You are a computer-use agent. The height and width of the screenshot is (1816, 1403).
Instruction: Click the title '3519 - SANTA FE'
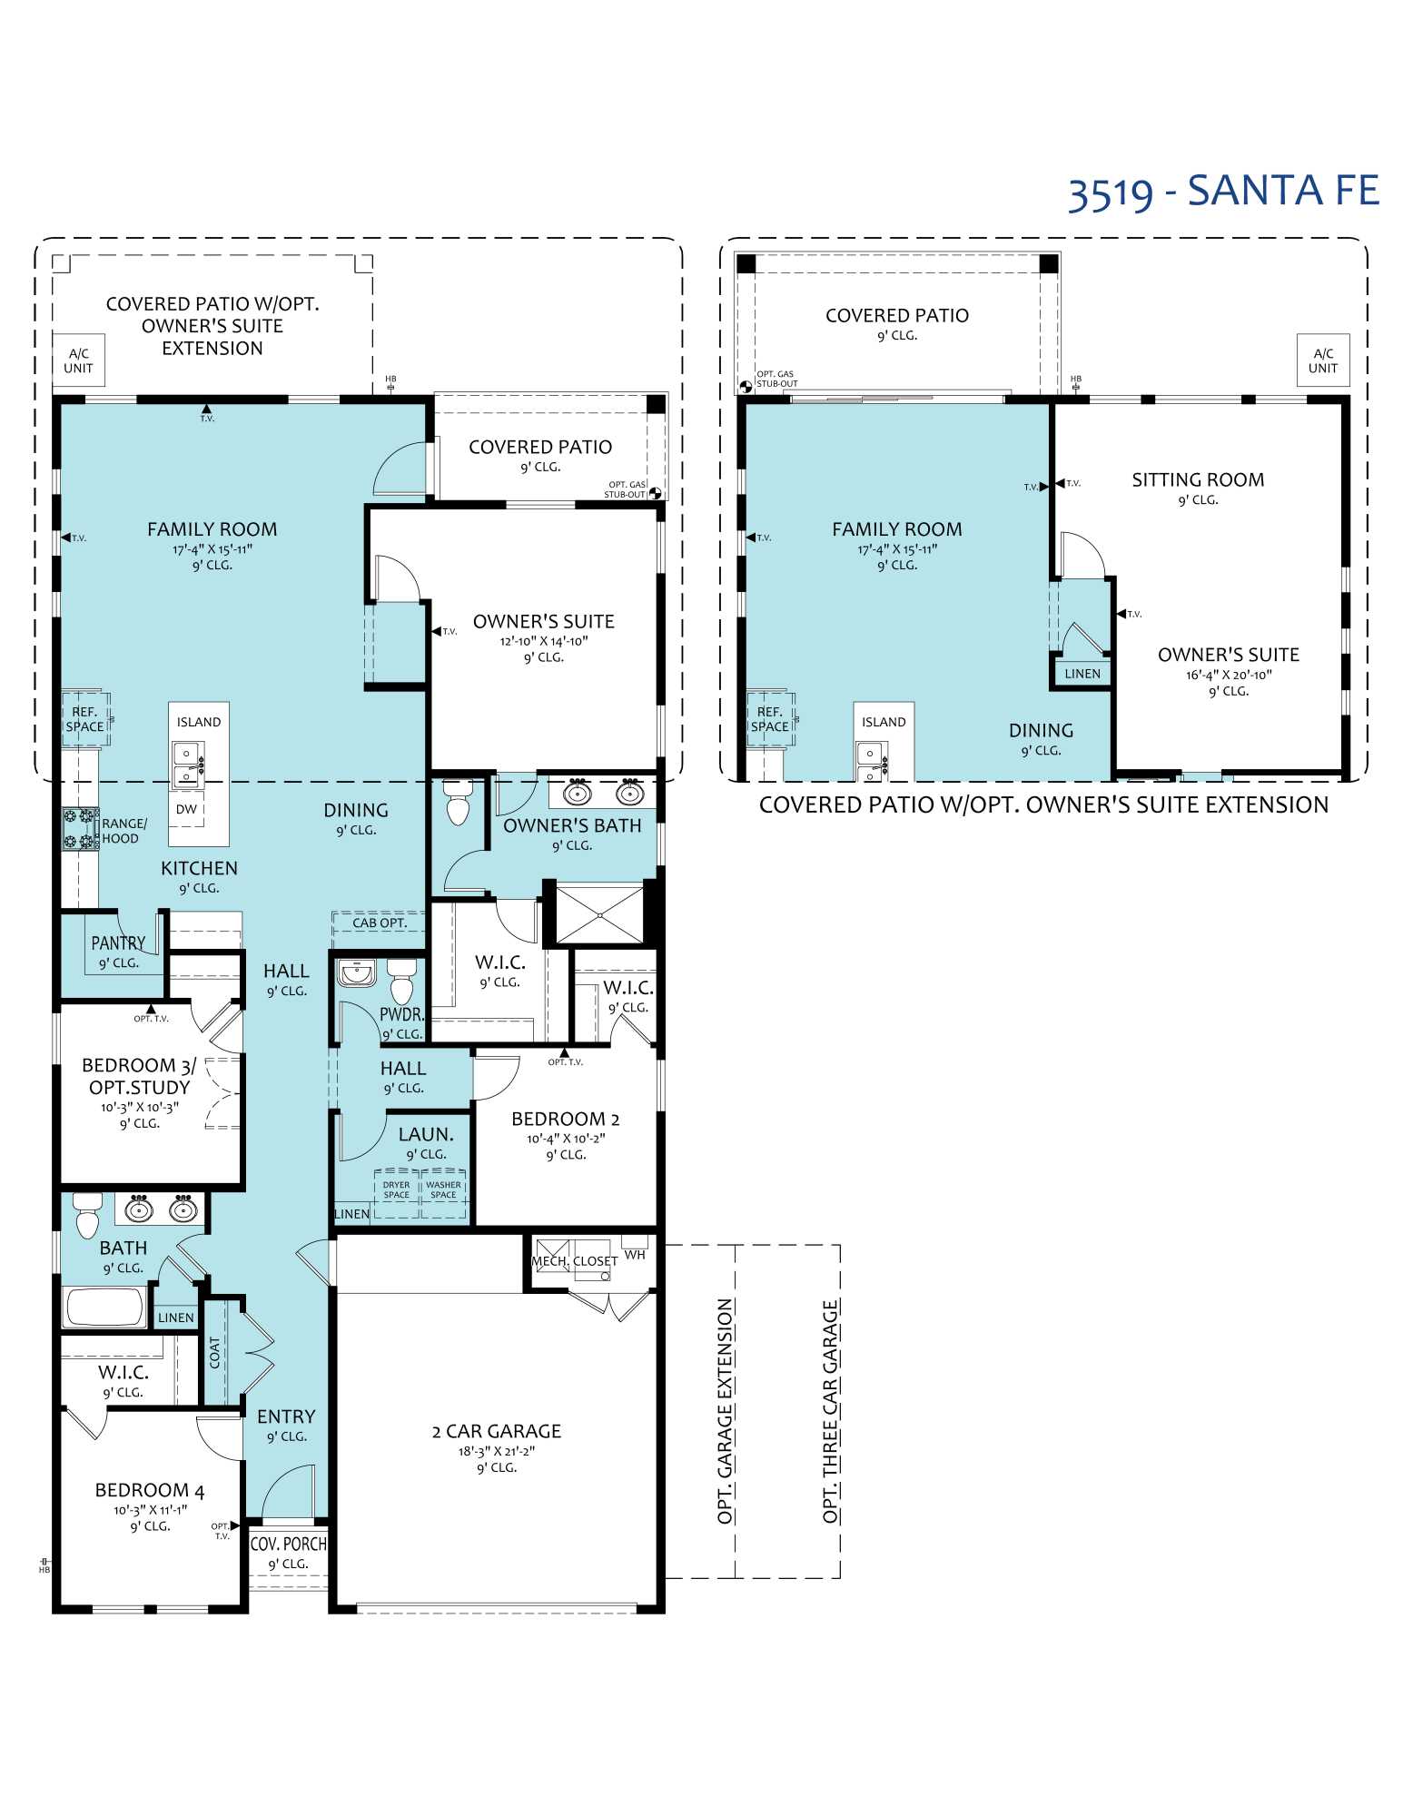pyautogui.click(x=1222, y=192)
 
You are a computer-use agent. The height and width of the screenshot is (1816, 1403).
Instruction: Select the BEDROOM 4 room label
pyautogui.click(x=150, y=1491)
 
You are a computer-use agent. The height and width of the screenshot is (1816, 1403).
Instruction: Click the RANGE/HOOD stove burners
pyautogui.click(x=80, y=829)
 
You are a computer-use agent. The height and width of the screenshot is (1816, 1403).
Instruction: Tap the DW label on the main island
pyautogui.click(x=186, y=809)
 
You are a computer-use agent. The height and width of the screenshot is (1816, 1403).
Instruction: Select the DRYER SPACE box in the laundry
pyautogui.click(x=397, y=1191)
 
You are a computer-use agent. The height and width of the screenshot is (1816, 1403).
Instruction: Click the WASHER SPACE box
pyautogui.click(x=443, y=1191)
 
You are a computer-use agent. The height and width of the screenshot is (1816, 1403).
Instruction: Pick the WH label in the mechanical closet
pyautogui.click(x=635, y=1255)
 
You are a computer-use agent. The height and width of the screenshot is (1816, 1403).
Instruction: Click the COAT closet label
pyautogui.click(x=215, y=1353)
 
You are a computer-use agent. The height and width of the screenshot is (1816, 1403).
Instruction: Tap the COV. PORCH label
pyautogui.click(x=288, y=1544)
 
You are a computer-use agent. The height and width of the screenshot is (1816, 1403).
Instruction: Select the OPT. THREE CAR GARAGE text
pyautogui.click(x=830, y=1412)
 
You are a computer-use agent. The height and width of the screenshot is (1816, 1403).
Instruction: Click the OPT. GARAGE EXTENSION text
pyautogui.click(x=725, y=1412)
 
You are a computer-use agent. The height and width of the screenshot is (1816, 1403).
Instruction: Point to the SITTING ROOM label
pyautogui.click(x=1197, y=480)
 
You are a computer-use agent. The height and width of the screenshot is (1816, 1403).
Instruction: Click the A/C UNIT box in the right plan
pyautogui.click(x=1322, y=360)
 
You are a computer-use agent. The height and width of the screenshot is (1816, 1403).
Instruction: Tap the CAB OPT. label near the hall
pyautogui.click(x=379, y=923)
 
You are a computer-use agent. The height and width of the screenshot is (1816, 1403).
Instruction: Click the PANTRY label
pyautogui.click(x=118, y=943)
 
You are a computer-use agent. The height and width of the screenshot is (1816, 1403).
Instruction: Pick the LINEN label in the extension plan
pyautogui.click(x=1082, y=674)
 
